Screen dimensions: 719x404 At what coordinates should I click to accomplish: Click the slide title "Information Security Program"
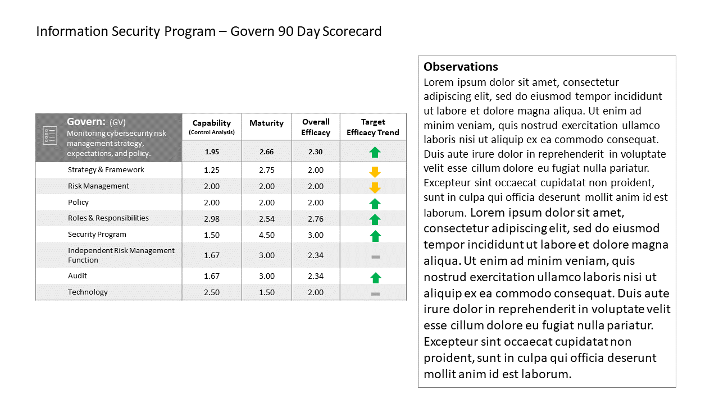(x=126, y=31)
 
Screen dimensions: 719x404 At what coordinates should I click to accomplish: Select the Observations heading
(x=461, y=67)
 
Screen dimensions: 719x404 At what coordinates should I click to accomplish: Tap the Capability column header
(x=212, y=127)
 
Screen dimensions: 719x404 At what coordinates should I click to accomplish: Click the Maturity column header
(x=266, y=123)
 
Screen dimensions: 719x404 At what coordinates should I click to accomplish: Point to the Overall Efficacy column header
(x=316, y=127)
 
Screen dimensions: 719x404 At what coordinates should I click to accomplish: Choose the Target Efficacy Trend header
(x=372, y=127)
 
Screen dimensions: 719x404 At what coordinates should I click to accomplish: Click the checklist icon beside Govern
(x=50, y=135)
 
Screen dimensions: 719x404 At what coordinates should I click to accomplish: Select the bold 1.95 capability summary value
(x=212, y=151)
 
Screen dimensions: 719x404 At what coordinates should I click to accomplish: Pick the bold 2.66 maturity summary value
(x=266, y=151)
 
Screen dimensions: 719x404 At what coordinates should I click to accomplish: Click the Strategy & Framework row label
(x=106, y=169)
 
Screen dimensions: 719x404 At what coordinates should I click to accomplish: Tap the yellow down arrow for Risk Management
(x=375, y=188)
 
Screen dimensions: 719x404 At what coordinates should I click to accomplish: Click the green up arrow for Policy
(x=375, y=204)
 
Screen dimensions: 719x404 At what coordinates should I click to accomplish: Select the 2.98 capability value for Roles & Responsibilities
(x=212, y=219)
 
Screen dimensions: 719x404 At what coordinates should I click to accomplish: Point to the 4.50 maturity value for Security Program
(x=267, y=235)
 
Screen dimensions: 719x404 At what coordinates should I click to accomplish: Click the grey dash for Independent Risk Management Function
(x=376, y=257)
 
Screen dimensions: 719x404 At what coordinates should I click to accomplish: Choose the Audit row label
(x=78, y=276)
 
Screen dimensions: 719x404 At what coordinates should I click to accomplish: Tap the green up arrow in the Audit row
(x=375, y=278)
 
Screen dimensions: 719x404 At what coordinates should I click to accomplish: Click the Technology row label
(x=88, y=292)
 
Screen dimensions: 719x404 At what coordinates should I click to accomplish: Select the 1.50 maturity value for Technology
(x=267, y=292)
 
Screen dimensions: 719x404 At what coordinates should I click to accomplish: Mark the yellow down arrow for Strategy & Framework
(x=375, y=172)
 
